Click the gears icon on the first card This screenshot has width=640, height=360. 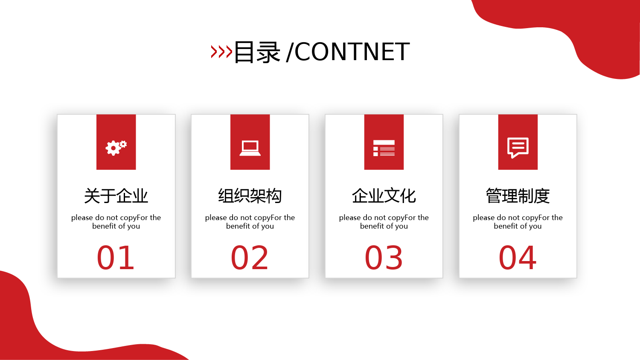pyautogui.click(x=116, y=148)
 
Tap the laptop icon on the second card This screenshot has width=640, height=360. pyautogui.click(x=250, y=148)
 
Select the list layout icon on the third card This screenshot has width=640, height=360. pyautogui.click(x=384, y=148)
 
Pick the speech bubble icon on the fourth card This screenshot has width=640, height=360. pyautogui.click(x=518, y=148)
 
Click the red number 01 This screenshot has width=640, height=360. pyautogui.click(x=116, y=258)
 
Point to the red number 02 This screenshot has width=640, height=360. pyautogui.click(x=250, y=258)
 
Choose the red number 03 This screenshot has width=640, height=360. pyautogui.click(x=384, y=258)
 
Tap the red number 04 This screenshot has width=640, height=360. pyautogui.click(x=518, y=258)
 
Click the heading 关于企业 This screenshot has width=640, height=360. pyautogui.click(x=116, y=196)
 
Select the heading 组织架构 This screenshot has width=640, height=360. pyautogui.click(x=250, y=196)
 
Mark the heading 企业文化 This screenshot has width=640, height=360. pyautogui.click(x=384, y=196)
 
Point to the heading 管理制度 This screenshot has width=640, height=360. pyautogui.click(x=518, y=196)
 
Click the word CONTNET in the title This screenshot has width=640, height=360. pyautogui.click(x=352, y=52)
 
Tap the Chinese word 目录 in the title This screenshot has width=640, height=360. pyautogui.click(x=257, y=52)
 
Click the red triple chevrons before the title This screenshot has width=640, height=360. pyautogui.click(x=221, y=52)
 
